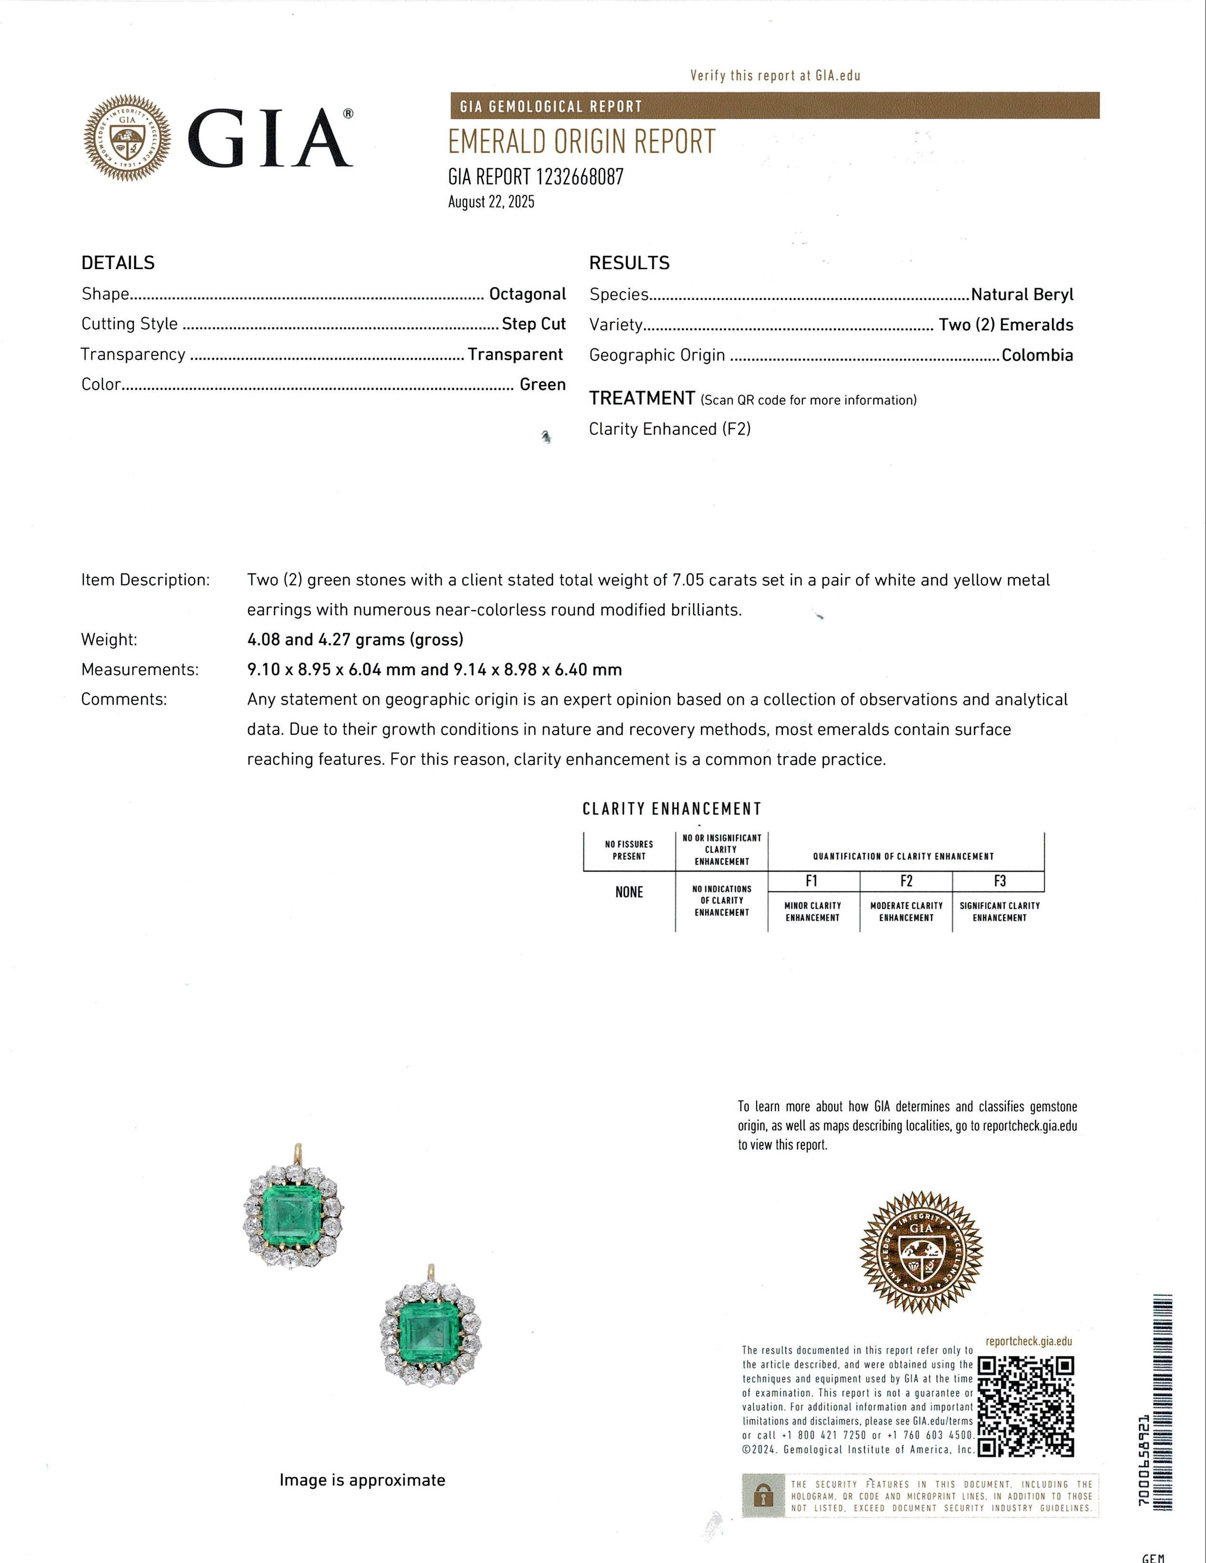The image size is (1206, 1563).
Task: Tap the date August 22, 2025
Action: (x=491, y=202)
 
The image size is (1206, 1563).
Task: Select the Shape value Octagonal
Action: (x=527, y=294)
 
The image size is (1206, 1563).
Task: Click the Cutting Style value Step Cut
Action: (x=533, y=324)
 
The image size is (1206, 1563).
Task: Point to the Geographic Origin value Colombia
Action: (x=1037, y=355)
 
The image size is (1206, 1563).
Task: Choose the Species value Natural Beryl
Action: (x=1022, y=294)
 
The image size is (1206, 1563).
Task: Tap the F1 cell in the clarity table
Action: (x=812, y=881)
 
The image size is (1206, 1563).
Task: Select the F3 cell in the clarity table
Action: (x=999, y=881)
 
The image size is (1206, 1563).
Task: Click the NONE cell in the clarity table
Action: (x=629, y=892)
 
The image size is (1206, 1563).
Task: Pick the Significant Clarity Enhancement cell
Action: (x=999, y=911)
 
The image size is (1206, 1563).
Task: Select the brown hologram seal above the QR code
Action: (x=921, y=1252)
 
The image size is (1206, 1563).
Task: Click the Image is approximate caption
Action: (x=362, y=1480)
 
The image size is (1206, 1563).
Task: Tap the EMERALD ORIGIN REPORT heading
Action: (x=581, y=142)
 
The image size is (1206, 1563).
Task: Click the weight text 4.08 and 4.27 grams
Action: (x=355, y=639)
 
